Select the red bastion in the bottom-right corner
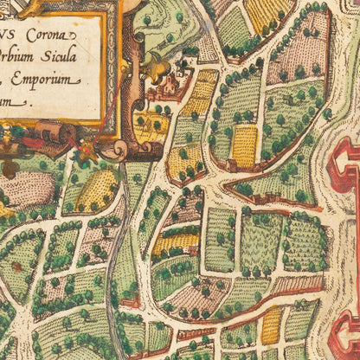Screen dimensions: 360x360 (346, 342)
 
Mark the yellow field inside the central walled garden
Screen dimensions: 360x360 (245, 145)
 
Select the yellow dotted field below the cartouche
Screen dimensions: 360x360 (96, 191)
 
